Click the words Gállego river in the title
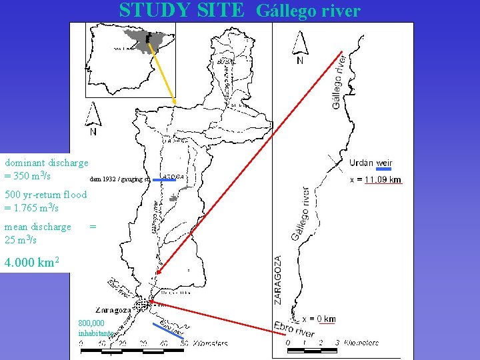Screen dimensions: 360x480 (308, 11)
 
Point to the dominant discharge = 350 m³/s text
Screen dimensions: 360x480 (46, 169)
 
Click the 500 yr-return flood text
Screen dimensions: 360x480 (45, 201)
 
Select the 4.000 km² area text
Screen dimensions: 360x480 (33, 263)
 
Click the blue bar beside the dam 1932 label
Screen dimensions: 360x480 (163, 179)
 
